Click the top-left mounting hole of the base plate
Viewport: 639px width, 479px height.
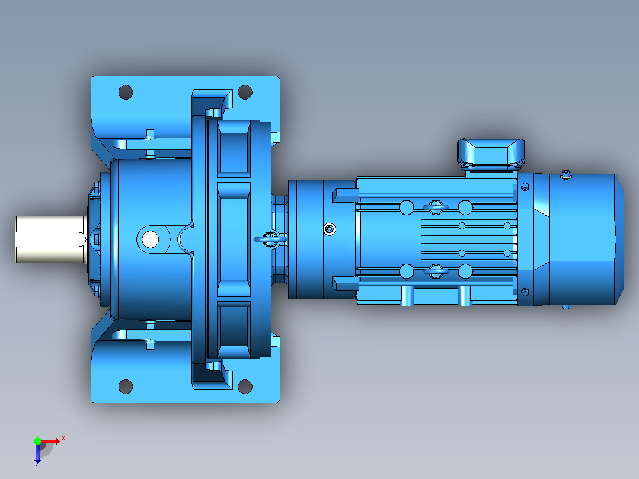pyautogui.click(x=126, y=92)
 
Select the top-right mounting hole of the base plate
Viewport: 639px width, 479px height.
pyautogui.click(x=245, y=92)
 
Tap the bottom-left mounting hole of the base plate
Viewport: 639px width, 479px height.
pyautogui.click(x=126, y=387)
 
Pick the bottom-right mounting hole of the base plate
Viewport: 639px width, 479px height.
pyautogui.click(x=245, y=387)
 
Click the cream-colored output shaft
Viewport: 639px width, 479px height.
pyautogui.click(x=51, y=239)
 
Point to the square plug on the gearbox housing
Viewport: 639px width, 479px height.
pyautogui.click(x=151, y=239)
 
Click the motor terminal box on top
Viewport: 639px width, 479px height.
pyautogui.click(x=491, y=154)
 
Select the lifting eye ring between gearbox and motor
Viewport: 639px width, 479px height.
pyautogui.click(x=271, y=239)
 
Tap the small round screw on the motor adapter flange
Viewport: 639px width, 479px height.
pyautogui.click(x=330, y=229)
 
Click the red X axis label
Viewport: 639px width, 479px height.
pyautogui.click(x=63, y=439)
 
